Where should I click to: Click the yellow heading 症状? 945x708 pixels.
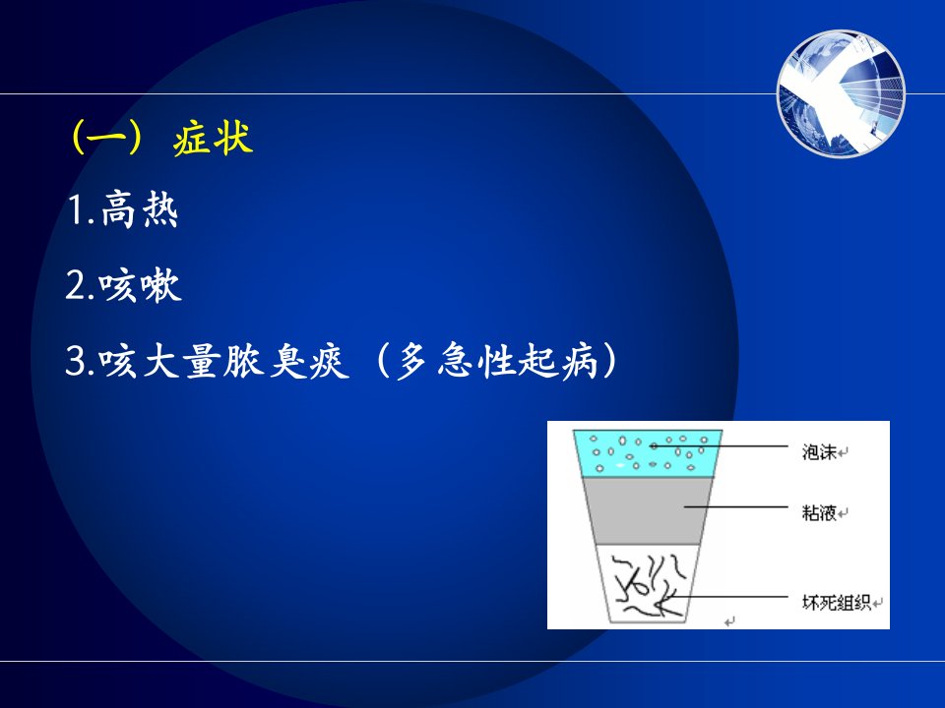click(213, 139)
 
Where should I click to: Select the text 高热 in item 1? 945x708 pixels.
click(140, 209)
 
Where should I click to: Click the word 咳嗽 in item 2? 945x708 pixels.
click(141, 285)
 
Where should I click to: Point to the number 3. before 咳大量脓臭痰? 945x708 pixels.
click(81, 362)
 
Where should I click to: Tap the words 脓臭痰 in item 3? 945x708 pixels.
click(286, 361)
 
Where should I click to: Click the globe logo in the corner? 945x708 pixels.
click(842, 93)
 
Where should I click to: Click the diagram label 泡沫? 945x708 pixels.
click(819, 451)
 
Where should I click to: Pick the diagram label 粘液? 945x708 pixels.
click(819, 512)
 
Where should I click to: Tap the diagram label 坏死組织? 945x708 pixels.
click(836, 602)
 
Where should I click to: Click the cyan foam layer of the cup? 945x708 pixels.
click(648, 453)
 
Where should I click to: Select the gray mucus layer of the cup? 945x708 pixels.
click(648, 511)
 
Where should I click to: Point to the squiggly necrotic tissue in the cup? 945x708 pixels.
click(649, 585)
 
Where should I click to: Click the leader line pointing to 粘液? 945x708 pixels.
click(736, 507)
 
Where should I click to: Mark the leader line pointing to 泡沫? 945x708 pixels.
click(721, 446)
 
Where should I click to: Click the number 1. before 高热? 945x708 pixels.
click(82, 210)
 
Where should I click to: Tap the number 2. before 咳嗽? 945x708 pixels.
click(81, 286)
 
